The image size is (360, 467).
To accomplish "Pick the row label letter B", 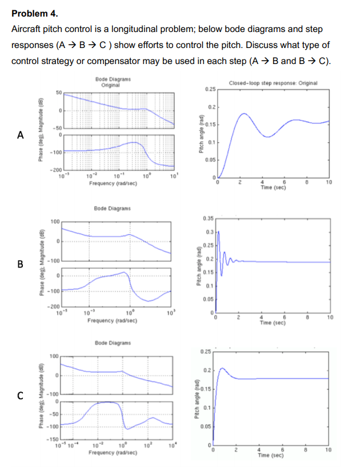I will pyautogui.click(x=21, y=264).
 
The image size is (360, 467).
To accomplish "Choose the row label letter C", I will pyautogui.click(x=21, y=394).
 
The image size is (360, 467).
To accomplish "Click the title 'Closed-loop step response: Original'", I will pyautogui.click(x=273, y=83).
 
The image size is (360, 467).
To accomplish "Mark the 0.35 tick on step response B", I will pyautogui.click(x=208, y=218).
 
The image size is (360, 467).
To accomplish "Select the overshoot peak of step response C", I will pyautogui.click(x=222, y=369).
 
